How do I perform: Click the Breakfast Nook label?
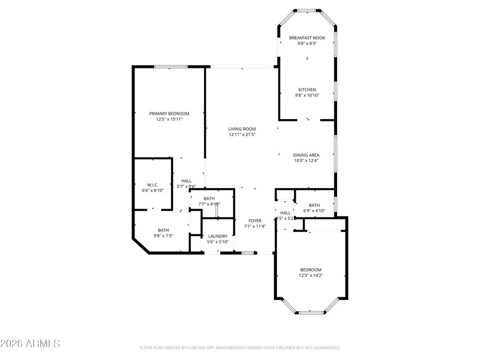(307, 37)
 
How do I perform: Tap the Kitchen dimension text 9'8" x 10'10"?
(307, 95)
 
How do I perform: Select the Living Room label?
(242, 129)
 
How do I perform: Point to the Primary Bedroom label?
(169, 113)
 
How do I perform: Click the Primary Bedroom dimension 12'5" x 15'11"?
(169, 120)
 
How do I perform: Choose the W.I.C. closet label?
(153, 184)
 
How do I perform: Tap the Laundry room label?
(218, 236)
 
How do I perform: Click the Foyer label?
(255, 220)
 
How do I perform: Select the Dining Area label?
(306, 155)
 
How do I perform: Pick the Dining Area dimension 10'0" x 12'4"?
(306, 161)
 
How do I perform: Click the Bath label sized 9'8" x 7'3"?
(163, 230)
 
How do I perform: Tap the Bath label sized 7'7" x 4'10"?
(209, 198)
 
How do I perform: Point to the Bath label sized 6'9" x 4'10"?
(314, 205)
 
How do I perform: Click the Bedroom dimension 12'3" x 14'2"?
(311, 276)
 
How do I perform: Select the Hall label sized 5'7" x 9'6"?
(186, 180)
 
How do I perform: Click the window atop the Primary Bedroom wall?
(171, 67)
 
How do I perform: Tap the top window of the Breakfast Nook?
(307, 10)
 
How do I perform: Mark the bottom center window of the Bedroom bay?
(312, 312)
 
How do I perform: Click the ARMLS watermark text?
(30, 344)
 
